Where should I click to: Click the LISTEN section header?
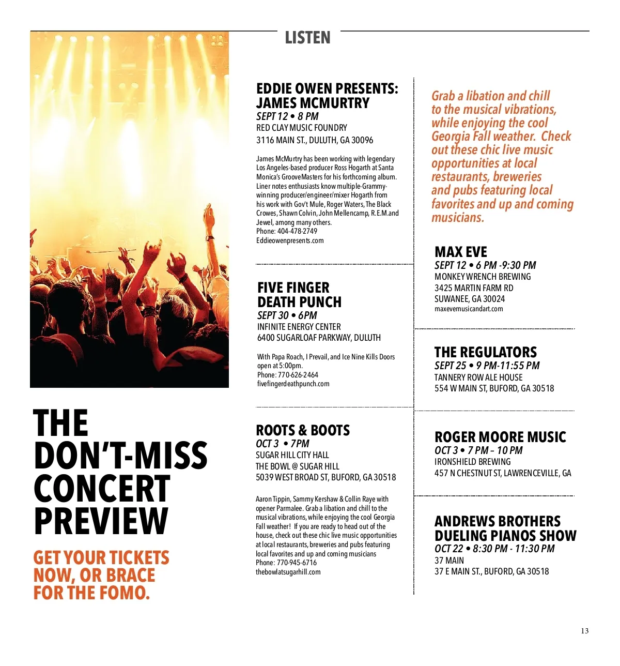point(307,38)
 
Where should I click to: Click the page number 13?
point(584,631)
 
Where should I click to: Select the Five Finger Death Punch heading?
point(299,295)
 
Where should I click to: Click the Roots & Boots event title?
point(303,430)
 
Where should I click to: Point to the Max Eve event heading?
point(460,252)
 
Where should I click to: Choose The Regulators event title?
point(485,352)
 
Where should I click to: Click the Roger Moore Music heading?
point(500,437)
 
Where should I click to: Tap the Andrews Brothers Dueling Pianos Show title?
point(505,528)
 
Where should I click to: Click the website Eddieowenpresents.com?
point(290,240)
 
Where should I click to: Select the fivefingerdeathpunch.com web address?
point(293,384)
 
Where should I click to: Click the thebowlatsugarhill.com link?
point(288,572)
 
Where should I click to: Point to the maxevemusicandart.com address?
point(469,309)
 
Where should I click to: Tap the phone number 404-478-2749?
point(297,231)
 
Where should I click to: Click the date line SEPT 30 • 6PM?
point(287,315)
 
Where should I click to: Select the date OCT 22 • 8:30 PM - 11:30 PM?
point(494,549)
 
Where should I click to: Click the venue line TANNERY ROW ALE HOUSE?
point(478,377)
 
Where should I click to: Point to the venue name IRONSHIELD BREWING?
point(472,462)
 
